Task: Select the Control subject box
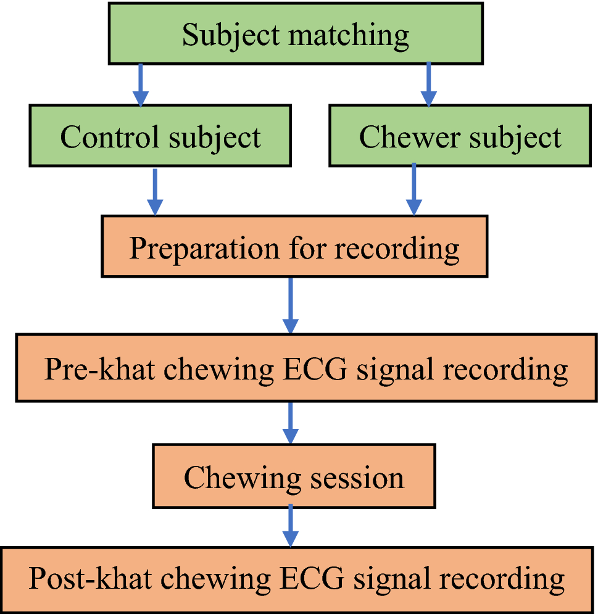coord(160,136)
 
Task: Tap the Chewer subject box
coord(460,136)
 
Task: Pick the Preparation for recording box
coord(294,247)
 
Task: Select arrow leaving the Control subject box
coord(155,191)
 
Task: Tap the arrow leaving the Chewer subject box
coord(414,189)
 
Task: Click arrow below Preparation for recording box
coord(290,305)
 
